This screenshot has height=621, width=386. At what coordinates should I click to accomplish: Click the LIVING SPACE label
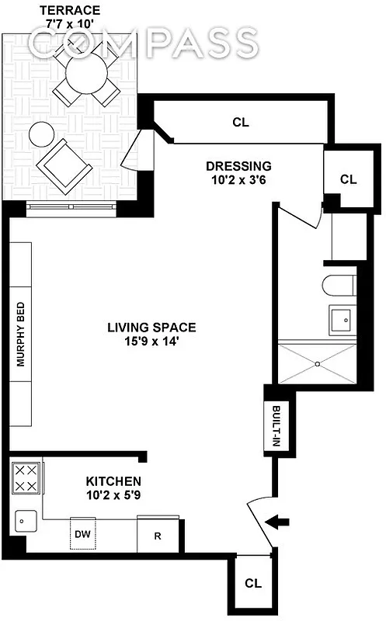click(151, 327)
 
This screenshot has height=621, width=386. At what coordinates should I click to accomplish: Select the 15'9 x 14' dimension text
click(151, 341)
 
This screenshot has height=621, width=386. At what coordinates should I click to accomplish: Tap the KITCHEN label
click(113, 481)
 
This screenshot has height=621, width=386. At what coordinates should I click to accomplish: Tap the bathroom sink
click(342, 319)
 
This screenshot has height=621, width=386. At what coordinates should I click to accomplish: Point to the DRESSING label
click(238, 165)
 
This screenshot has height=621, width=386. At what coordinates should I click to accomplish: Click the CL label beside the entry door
click(252, 583)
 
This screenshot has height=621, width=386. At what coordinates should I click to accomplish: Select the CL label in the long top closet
click(241, 122)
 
